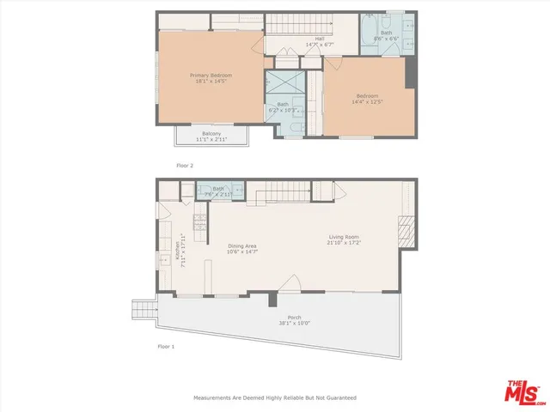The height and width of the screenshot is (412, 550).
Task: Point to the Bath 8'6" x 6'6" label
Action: tap(387, 37)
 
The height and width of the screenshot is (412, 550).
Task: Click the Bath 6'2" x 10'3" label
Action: tap(283, 107)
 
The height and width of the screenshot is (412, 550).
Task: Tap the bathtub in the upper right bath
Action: tap(370, 34)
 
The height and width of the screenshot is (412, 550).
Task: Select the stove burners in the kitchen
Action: tap(199, 222)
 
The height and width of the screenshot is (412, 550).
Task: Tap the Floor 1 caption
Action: tap(165, 347)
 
